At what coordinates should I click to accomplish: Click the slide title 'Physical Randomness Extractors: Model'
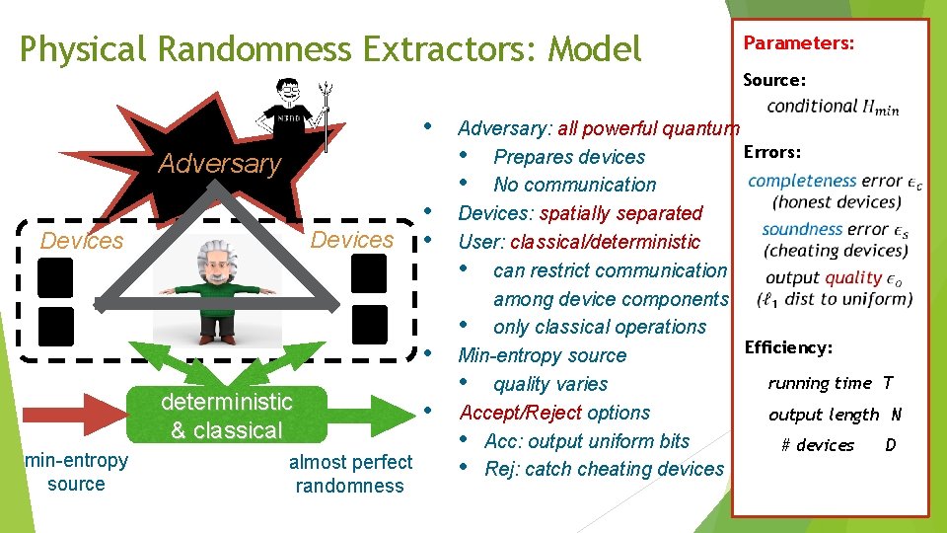pos(330,48)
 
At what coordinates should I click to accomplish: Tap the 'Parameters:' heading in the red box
pos(798,43)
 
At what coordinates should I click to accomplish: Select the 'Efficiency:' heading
pos(788,347)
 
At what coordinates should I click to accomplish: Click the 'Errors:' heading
pos(771,152)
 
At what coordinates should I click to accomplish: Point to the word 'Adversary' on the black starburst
pos(219,164)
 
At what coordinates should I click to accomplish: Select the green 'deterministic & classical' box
pos(226,416)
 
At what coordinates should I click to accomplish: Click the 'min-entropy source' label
pos(76,472)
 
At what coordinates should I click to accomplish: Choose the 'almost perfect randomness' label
pos(350,474)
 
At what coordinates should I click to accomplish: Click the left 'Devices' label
pos(82,241)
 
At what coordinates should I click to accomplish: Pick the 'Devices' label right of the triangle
pos(352,240)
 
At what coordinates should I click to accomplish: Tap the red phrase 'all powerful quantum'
pos(648,127)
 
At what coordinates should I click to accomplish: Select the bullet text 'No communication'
pos(574,185)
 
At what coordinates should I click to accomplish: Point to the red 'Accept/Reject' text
pos(524,413)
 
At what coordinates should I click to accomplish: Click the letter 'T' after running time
pos(888,383)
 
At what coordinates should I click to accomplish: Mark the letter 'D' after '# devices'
pos(891,445)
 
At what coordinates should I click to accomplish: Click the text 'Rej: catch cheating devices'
pos(604,469)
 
